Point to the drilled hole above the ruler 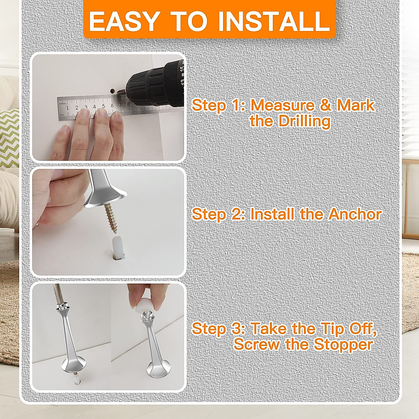pos(112,91)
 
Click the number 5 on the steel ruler pos(103,106)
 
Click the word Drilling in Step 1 pos(304,122)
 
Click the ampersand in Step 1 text pos(325,105)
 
